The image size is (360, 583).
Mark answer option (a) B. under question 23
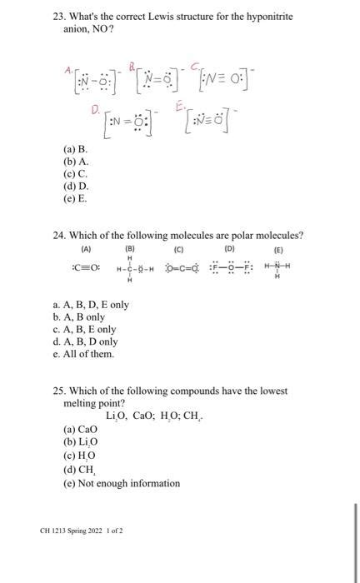tap(75, 151)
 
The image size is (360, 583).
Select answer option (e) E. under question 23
tap(75, 199)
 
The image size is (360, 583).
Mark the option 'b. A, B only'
tap(79, 316)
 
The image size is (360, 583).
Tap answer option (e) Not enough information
tap(122, 483)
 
